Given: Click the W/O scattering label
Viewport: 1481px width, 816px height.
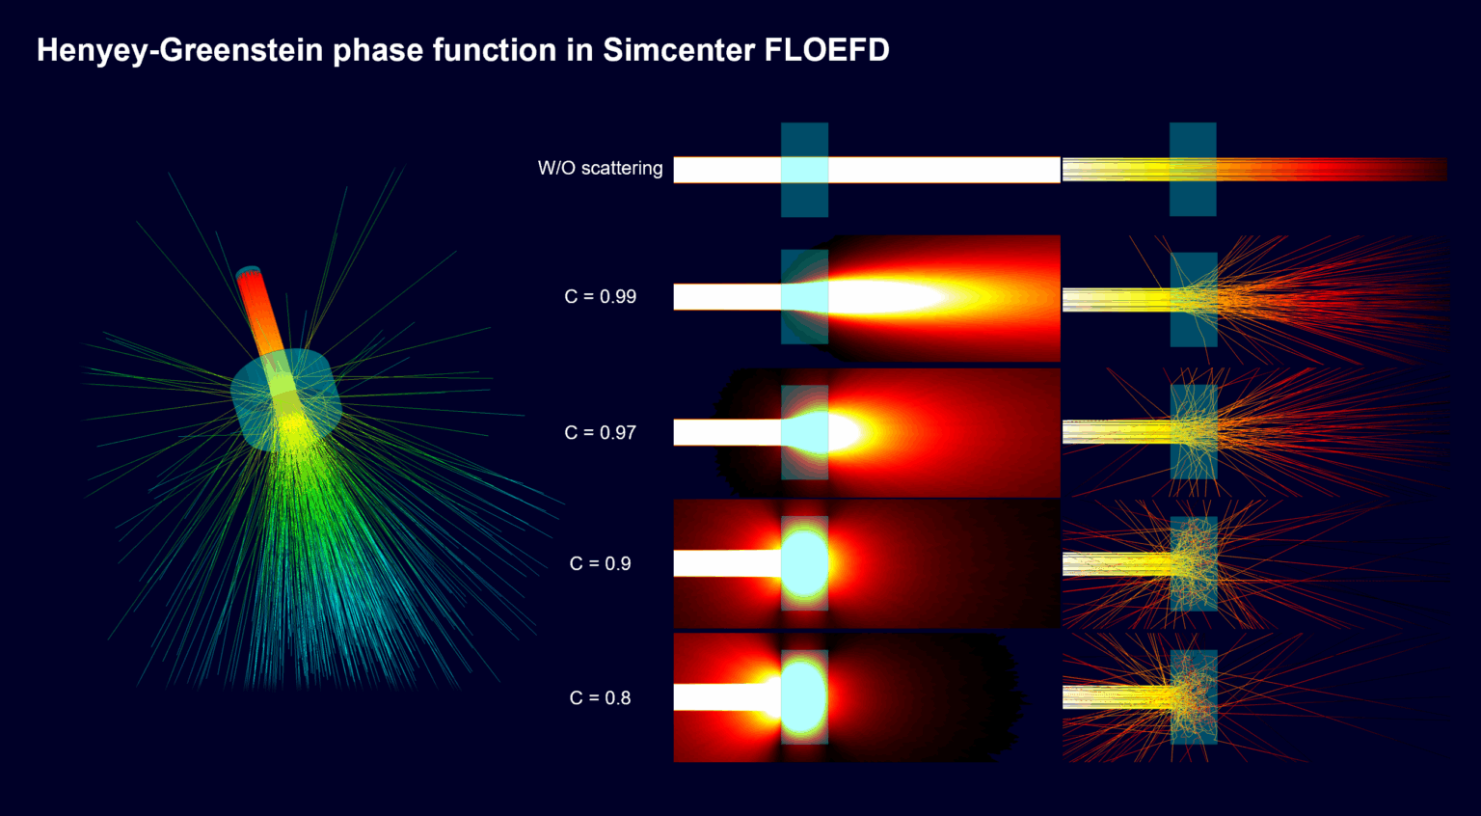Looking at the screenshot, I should (x=600, y=169).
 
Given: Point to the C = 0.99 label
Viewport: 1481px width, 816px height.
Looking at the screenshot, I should (x=600, y=297).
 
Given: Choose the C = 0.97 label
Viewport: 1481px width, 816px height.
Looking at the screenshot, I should (x=600, y=433).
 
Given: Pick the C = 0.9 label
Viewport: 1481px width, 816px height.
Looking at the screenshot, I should (x=600, y=564).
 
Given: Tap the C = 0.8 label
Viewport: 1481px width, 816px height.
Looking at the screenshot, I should (x=600, y=698).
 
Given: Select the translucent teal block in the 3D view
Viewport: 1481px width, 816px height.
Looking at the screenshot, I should (x=285, y=398).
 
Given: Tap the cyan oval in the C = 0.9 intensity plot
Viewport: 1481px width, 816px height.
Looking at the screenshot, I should (x=804, y=563).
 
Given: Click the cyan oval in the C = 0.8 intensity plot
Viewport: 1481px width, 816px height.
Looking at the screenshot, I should (x=804, y=697).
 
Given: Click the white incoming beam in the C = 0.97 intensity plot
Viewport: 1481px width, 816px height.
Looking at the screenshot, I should (x=726, y=432).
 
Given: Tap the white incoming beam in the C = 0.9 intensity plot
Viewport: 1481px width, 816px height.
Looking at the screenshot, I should (x=726, y=563).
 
